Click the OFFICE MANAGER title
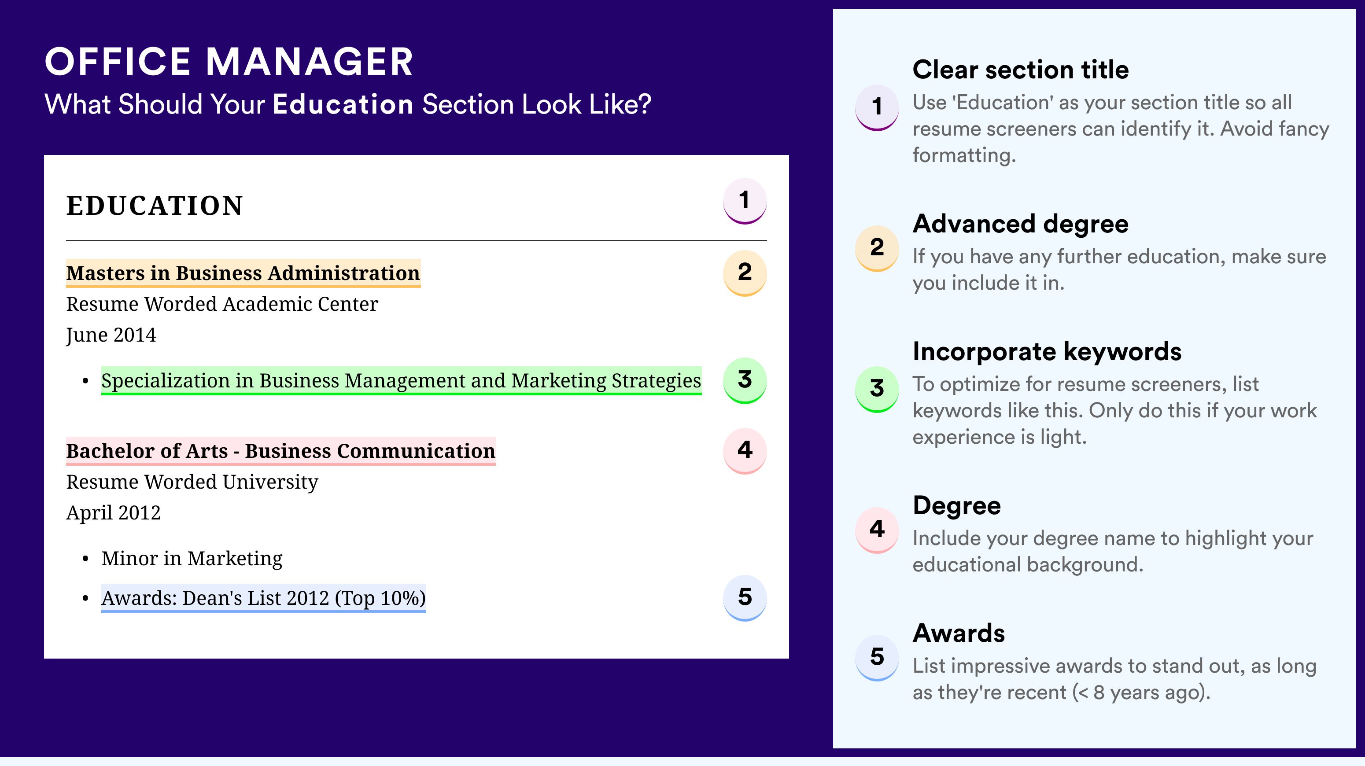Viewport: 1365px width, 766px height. point(229,62)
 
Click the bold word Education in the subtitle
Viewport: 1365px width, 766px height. point(343,104)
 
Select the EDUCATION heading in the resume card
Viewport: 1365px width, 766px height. point(154,206)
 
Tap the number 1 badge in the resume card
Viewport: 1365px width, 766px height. point(745,201)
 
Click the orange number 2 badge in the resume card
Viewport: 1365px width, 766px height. point(745,273)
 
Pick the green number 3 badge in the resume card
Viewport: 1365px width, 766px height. point(745,380)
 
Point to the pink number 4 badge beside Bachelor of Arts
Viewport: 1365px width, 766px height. point(745,451)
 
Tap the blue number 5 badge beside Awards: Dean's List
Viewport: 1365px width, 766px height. point(745,598)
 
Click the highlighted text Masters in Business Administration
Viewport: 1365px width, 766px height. point(243,273)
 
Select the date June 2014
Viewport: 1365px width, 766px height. point(111,335)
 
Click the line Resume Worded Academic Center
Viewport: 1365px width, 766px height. point(222,304)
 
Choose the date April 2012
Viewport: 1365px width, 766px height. point(114,513)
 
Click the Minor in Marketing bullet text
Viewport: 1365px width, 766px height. point(192,558)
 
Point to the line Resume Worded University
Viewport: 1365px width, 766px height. point(192,482)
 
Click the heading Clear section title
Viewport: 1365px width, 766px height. point(1021,70)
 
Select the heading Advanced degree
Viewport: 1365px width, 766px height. point(1021,224)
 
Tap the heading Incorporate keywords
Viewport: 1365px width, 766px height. point(1047,352)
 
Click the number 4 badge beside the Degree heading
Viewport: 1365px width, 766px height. point(877,530)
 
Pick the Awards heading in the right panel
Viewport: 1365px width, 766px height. point(959,633)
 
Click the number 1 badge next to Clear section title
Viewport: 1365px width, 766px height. point(877,107)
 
